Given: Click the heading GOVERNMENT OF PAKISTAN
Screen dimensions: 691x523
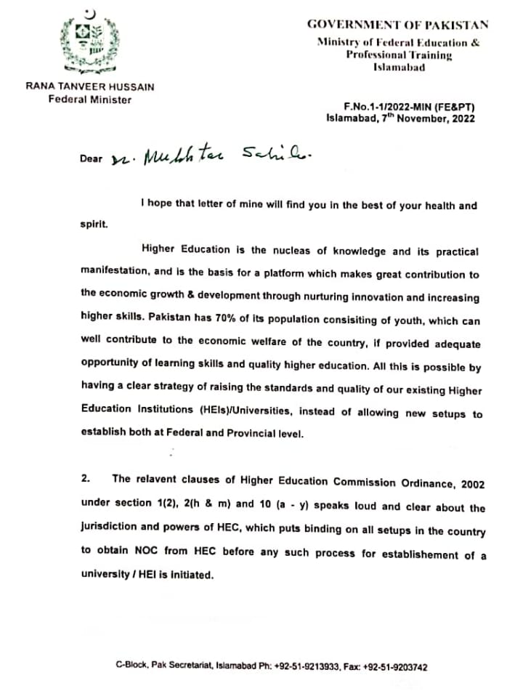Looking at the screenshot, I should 397,24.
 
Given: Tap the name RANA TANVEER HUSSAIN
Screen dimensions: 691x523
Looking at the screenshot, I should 90,86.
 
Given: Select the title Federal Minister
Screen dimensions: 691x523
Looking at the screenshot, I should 90,100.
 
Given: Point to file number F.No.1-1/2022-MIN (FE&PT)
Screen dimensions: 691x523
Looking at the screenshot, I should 410,106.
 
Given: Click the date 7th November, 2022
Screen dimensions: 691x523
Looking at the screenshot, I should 431,118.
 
